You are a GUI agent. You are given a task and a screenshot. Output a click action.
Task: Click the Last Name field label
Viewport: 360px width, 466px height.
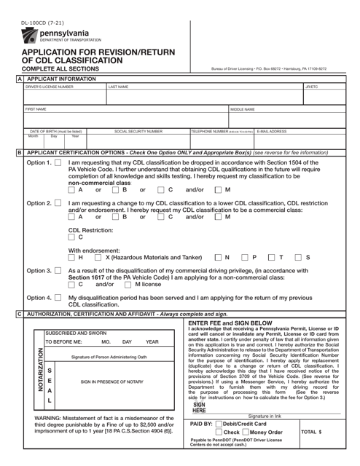click(120, 86)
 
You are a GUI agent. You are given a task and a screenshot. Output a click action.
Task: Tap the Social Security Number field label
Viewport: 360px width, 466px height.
click(138, 132)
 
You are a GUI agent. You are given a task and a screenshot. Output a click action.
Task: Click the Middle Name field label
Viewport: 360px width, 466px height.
click(243, 109)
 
